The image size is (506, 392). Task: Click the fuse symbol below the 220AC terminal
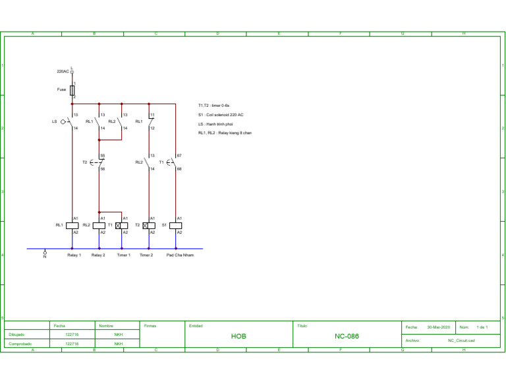72,90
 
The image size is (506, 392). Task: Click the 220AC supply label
63,71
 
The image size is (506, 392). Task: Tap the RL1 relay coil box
72,225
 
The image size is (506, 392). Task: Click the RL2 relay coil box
99,225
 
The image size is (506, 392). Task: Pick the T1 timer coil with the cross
121,225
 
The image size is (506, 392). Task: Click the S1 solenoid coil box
176,225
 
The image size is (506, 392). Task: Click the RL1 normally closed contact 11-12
149,121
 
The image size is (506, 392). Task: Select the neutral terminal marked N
45,253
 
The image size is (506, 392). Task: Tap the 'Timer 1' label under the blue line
123,255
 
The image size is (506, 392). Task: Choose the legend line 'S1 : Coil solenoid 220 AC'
221,115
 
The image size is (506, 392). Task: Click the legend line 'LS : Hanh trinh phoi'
215,124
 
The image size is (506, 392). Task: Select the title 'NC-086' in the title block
347,336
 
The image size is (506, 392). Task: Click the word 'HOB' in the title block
239,336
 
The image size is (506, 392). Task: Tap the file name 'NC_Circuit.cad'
461,341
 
